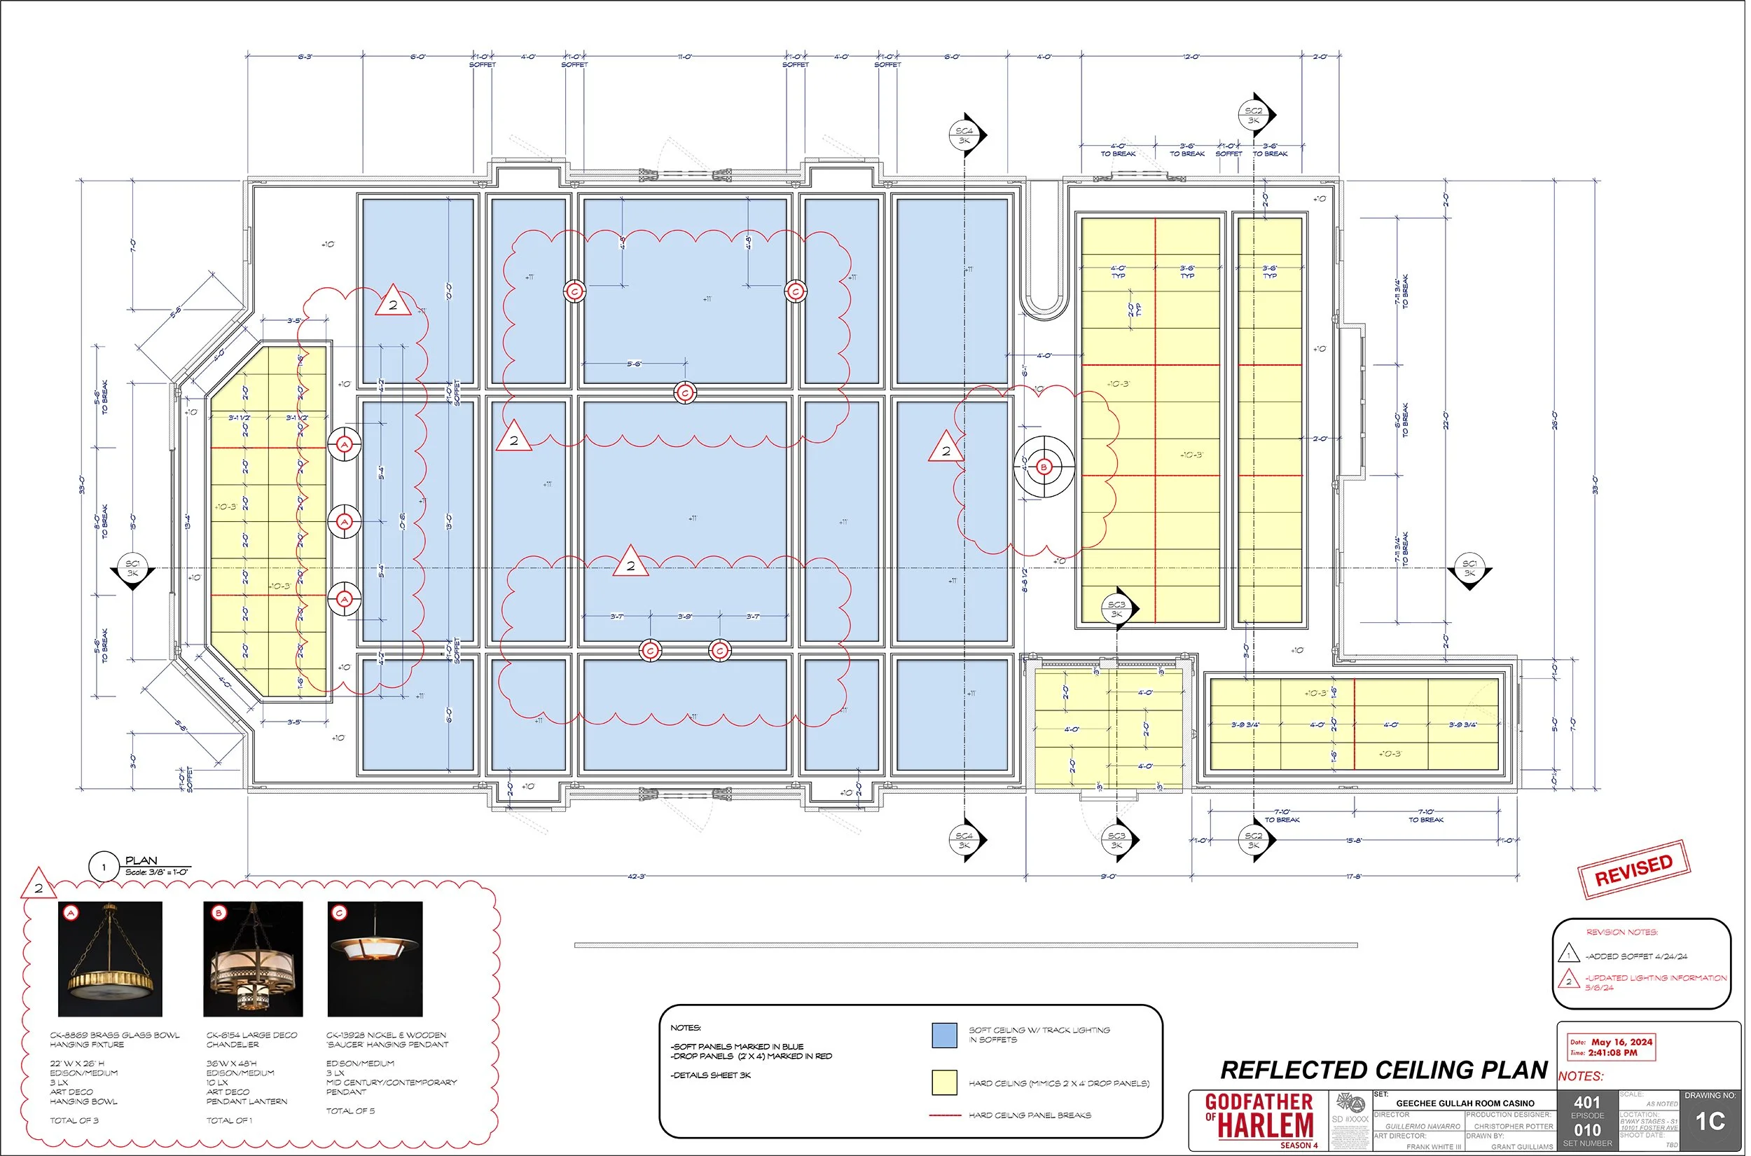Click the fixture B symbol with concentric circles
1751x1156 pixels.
pos(1043,467)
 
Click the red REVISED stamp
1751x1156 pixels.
pos(1633,870)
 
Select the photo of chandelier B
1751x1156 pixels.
pos(253,958)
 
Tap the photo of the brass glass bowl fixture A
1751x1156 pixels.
pos(110,958)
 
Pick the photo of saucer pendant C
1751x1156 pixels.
pos(375,958)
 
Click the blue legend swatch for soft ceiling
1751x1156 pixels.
pos(944,1035)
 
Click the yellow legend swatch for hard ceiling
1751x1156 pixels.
pos(944,1082)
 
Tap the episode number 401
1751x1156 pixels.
pos(1586,1102)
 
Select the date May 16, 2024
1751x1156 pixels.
pos(1621,1042)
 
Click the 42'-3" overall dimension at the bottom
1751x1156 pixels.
pos(636,876)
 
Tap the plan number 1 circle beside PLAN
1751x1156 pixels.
pos(103,867)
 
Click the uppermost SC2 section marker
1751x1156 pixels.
pos(1254,115)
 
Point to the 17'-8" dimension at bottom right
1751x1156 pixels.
pos(1353,876)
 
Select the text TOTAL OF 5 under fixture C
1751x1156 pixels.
pos(350,1111)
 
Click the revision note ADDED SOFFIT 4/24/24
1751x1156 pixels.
pos(1635,956)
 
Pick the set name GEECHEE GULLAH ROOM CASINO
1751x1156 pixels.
pos(1465,1103)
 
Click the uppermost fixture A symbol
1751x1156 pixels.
pos(344,445)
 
